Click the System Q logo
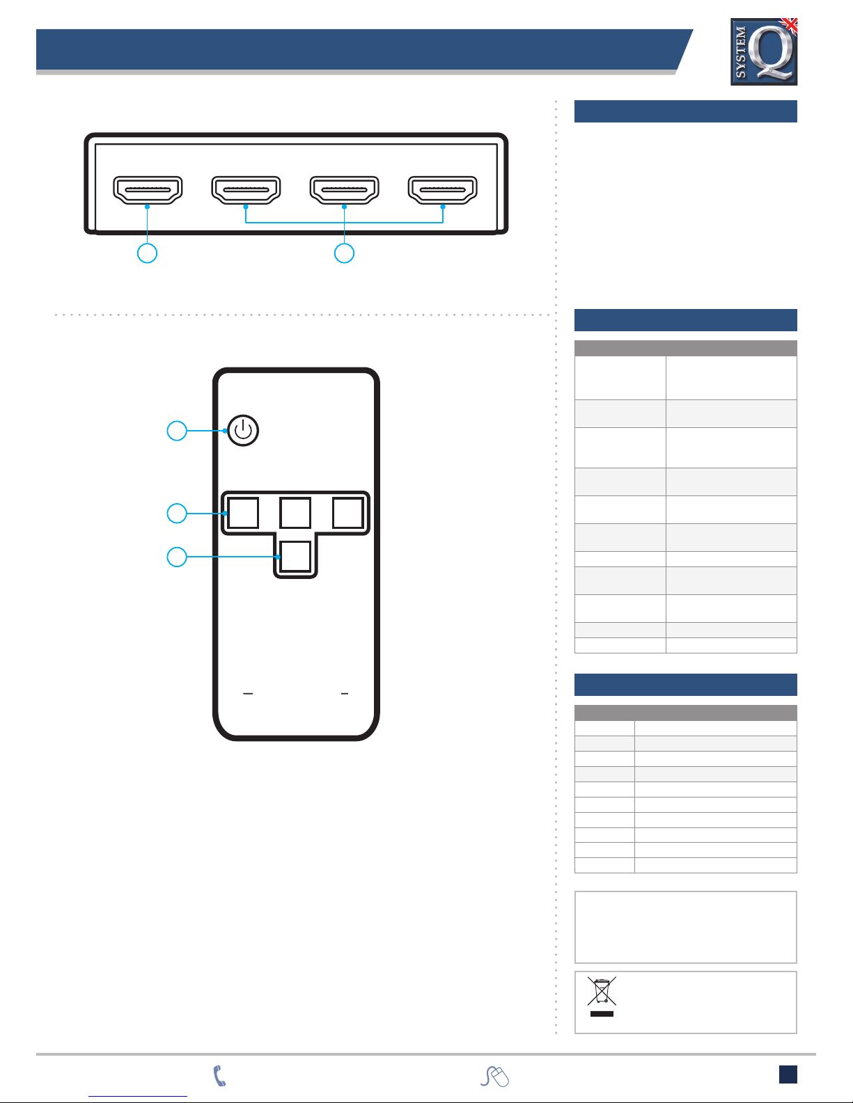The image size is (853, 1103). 764,51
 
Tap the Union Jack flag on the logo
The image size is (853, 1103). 789,25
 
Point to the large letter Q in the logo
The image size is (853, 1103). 772,54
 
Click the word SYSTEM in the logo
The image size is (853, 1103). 741,52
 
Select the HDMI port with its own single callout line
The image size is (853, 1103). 148,191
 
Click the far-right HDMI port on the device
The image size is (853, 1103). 443,191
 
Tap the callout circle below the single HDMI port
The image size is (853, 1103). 147,253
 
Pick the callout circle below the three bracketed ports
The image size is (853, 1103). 344,253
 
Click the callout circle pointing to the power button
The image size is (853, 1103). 177,431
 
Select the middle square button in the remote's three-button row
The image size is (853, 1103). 295,513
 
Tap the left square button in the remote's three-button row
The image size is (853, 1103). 243,513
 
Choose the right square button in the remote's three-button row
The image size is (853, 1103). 347,513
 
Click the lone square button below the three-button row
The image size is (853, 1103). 295,556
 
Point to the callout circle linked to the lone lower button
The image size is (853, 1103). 177,557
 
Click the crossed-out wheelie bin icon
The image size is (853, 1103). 602,991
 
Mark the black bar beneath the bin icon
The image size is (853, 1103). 602,1014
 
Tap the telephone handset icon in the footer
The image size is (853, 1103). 219,1076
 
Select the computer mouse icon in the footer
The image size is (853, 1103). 495,1077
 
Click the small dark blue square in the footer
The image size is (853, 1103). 788,1074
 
